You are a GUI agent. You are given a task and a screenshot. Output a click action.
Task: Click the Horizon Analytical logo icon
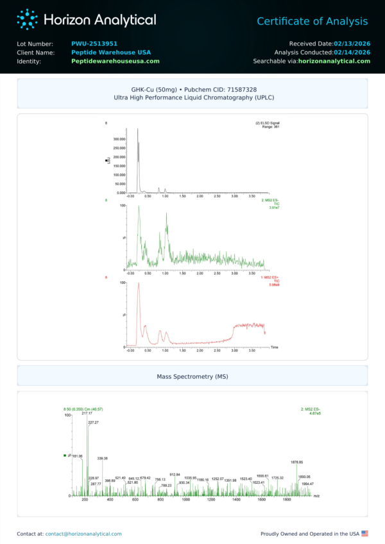tap(28, 19)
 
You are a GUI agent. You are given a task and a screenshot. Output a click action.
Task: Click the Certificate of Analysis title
tap(312, 22)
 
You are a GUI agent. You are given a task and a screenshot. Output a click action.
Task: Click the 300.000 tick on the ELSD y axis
tap(119, 138)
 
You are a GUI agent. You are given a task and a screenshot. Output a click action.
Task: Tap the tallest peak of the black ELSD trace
tap(138, 131)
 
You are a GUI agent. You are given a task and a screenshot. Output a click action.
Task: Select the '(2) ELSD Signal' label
tap(268, 122)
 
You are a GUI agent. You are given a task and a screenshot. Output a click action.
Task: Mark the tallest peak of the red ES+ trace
tap(138, 284)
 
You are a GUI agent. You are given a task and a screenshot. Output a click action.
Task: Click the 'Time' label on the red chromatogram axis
tap(274, 347)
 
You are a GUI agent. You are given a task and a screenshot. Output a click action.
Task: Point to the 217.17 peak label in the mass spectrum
tap(87, 413)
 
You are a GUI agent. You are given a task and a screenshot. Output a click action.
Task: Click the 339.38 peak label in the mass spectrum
tap(102, 458)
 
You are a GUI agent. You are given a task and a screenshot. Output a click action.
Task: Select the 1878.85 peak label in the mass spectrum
tap(296, 462)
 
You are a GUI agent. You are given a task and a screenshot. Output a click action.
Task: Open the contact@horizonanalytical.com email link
tap(83, 533)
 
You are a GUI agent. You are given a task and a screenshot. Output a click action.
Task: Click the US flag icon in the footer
tap(365, 533)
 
